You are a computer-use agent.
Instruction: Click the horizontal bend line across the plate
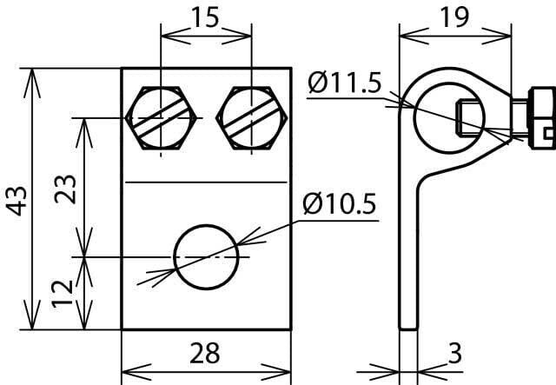pos(206,183)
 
